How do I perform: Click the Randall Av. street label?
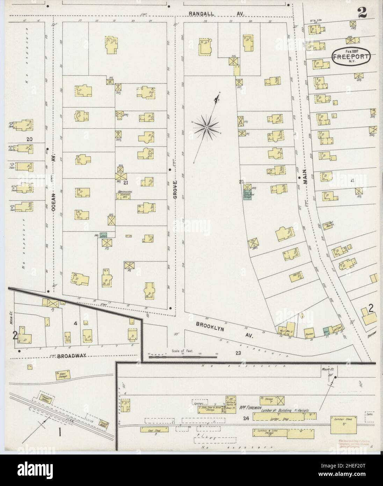tap(217, 13)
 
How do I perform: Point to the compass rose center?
tap(207, 128)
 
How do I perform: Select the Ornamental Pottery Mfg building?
tap(126, 195)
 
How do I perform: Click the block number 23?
tap(238, 353)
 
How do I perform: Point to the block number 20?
tap(29, 139)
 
